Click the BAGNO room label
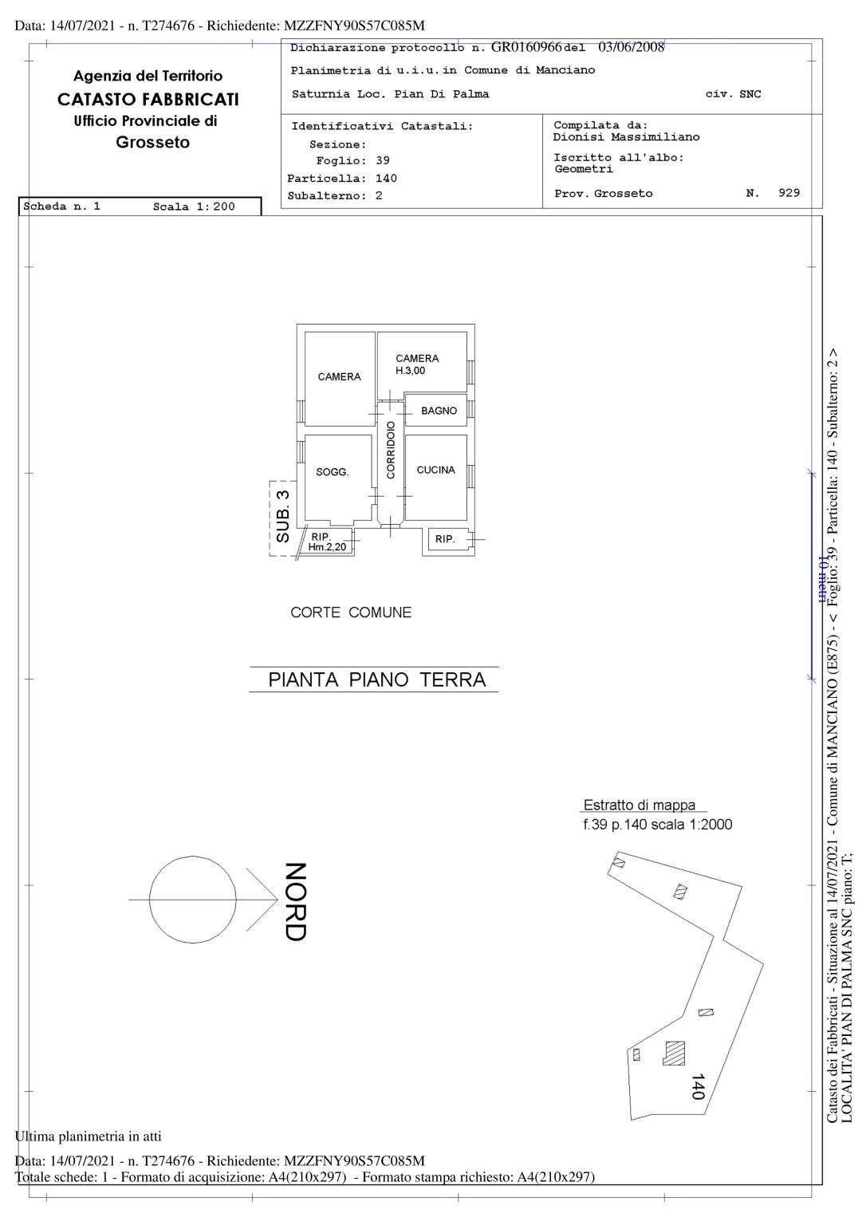(x=439, y=411)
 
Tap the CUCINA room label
(x=435, y=470)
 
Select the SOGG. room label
(x=333, y=472)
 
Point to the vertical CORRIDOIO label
(x=391, y=451)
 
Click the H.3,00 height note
(x=411, y=370)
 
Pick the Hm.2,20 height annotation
(x=327, y=547)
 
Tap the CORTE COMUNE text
(x=351, y=612)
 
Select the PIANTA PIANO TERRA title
(x=376, y=679)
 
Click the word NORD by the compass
(x=295, y=901)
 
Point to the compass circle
(x=193, y=900)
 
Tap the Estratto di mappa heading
(x=640, y=806)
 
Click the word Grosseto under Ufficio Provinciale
(x=152, y=143)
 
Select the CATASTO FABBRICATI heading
(x=148, y=100)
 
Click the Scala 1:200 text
(x=194, y=207)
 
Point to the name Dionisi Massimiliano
(x=626, y=137)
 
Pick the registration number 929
(x=789, y=193)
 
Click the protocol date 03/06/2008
(x=631, y=47)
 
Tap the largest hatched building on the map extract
(x=675, y=1053)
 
